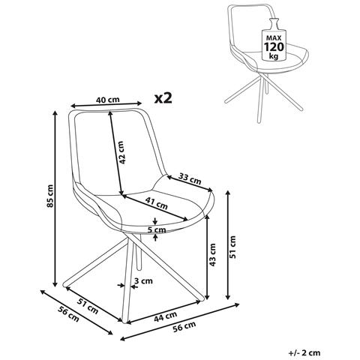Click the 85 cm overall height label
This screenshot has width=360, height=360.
50,196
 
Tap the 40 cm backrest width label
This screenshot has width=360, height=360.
108,100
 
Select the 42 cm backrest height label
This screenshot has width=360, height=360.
121,152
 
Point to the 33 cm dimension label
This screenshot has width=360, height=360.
190,179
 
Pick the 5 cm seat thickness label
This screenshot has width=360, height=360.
157,229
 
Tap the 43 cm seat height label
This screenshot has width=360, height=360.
212,254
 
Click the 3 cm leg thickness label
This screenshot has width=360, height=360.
143,281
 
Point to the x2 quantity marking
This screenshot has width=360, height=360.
163,98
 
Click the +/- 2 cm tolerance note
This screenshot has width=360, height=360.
304,353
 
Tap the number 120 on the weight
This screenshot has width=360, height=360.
274,46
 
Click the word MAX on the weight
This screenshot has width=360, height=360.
274,38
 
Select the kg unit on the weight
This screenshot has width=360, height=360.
274,56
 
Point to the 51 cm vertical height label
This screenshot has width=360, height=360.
232,247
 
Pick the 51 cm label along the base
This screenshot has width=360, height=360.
88,306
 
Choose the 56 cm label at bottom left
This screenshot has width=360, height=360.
68,313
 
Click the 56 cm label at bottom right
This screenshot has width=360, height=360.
184,327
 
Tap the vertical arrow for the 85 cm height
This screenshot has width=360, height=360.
55,199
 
